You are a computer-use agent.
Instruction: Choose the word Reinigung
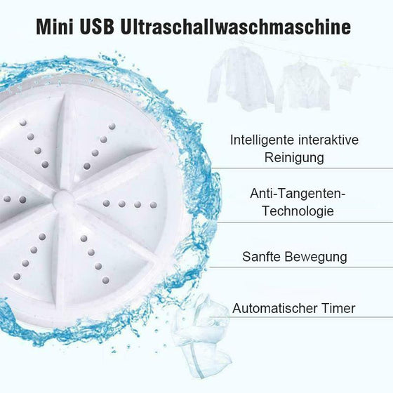[x=294, y=158]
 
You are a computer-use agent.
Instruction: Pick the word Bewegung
[x=316, y=257]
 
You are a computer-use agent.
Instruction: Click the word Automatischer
[x=274, y=308]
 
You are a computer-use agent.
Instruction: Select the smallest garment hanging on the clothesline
[x=342, y=76]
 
